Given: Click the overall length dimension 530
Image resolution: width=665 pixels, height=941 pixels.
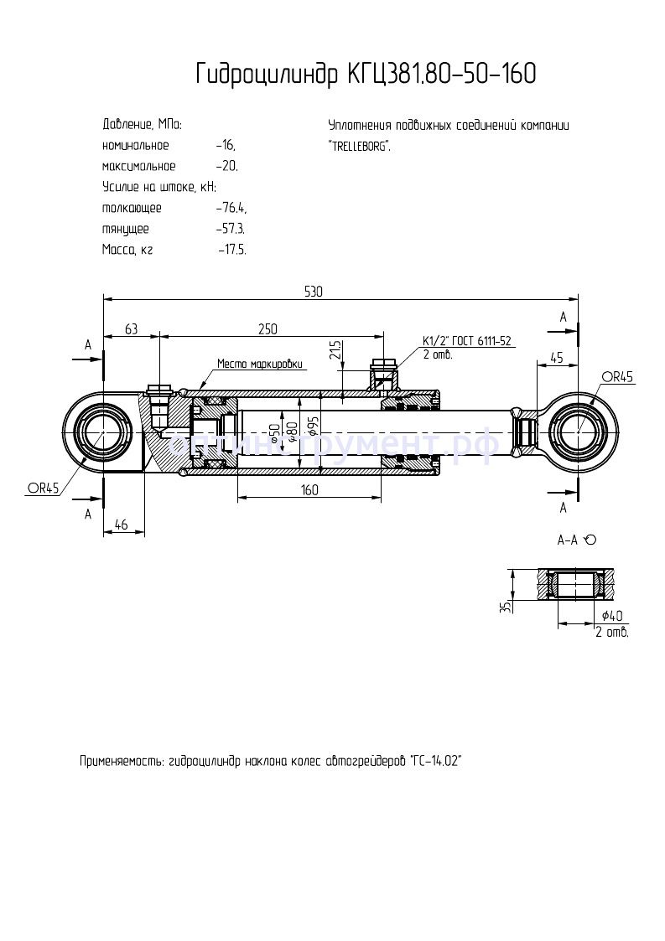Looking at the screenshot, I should point(313,292).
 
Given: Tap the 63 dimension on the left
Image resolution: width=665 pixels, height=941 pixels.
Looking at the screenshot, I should point(131,329).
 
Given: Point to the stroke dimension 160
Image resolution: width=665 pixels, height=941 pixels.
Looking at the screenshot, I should point(309,490).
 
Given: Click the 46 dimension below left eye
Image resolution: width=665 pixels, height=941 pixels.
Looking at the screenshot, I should point(120,525).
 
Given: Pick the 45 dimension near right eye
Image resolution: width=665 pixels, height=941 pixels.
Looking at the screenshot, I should point(555,357).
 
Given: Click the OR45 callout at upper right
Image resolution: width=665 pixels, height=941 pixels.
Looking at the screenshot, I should point(616,377).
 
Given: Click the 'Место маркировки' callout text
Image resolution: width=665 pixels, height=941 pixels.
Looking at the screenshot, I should point(259,365).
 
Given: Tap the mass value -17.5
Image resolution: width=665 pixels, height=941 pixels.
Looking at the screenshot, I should point(231,250).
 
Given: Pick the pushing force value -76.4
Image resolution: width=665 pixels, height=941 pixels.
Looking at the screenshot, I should point(231,208).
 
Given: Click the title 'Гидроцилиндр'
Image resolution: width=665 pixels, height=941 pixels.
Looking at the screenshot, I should point(268,75).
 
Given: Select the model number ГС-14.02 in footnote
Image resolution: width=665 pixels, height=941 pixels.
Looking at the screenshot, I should point(438,762).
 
